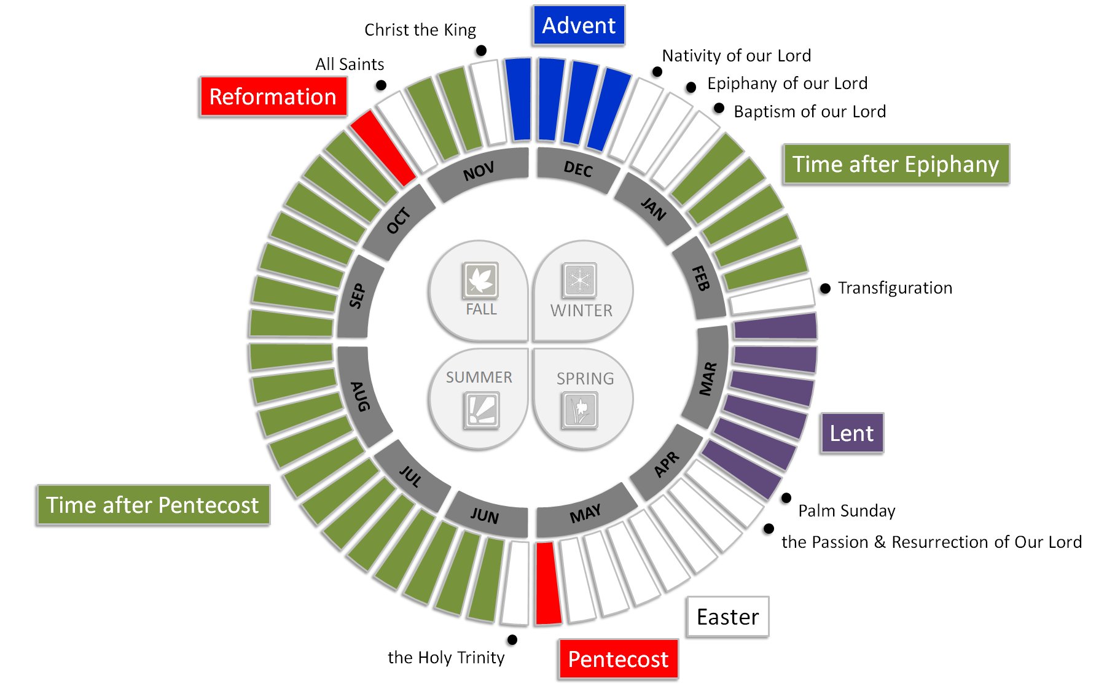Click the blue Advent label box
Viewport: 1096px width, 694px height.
tap(578, 26)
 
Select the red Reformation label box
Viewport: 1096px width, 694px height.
tap(273, 96)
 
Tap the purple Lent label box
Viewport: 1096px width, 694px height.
tap(851, 433)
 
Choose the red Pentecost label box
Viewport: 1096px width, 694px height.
tap(618, 659)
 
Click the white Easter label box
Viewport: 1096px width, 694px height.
tap(727, 617)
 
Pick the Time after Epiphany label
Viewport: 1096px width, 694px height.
tap(896, 164)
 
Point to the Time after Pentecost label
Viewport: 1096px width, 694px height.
tap(152, 505)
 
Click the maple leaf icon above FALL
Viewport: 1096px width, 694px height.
tap(480, 280)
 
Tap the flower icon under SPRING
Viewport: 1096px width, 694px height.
tap(579, 409)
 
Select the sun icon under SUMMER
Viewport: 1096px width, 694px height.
tap(481, 410)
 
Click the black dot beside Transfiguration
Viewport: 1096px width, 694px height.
tap(825, 288)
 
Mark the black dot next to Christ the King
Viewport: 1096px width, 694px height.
tap(481, 50)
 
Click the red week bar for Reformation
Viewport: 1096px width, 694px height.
tap(383, 148)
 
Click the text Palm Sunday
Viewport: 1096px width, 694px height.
tap(847, 510)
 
